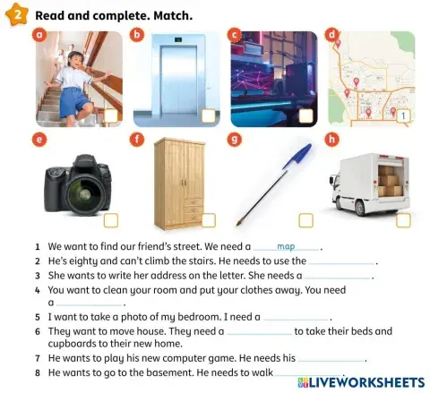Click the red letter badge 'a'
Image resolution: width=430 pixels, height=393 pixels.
[38, 35]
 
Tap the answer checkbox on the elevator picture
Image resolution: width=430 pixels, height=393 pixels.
[208, 115]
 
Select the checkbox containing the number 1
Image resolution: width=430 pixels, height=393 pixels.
[403, 115]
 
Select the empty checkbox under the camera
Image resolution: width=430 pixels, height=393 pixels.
[111, 219]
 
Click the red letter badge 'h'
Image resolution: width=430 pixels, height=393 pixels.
[332, 139]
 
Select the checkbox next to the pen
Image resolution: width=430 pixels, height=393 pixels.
[305, 219]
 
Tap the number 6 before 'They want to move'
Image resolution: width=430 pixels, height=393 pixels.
[37, 331]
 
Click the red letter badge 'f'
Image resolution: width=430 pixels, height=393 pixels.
[136, 139]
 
